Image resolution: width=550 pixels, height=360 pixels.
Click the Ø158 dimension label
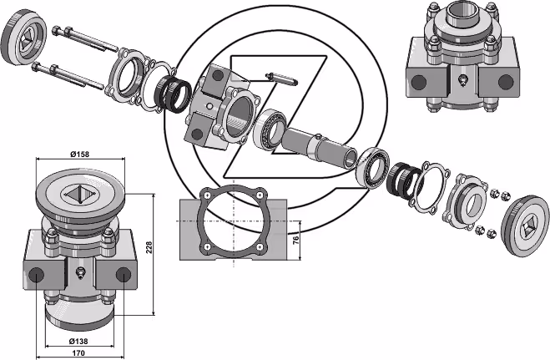pos(79,154)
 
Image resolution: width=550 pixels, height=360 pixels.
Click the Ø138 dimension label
pos(78,341)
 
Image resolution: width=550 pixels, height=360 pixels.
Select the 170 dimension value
pos(78,352)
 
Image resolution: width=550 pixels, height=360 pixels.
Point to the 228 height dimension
pos(149,248)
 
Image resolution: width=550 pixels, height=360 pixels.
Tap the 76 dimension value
pos(296,240)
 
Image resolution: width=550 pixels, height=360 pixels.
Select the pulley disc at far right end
pos(526,226)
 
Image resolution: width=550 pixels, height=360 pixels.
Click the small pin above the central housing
pos(281,79)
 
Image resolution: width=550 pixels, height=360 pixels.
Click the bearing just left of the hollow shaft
pos(270,129)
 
